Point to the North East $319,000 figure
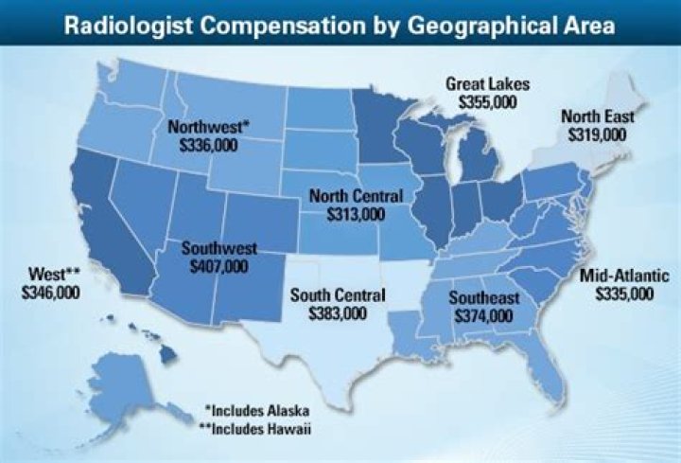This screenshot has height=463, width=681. point(597,134)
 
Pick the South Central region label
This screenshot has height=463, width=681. point(338,295)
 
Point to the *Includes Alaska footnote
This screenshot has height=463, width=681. point(257,411)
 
